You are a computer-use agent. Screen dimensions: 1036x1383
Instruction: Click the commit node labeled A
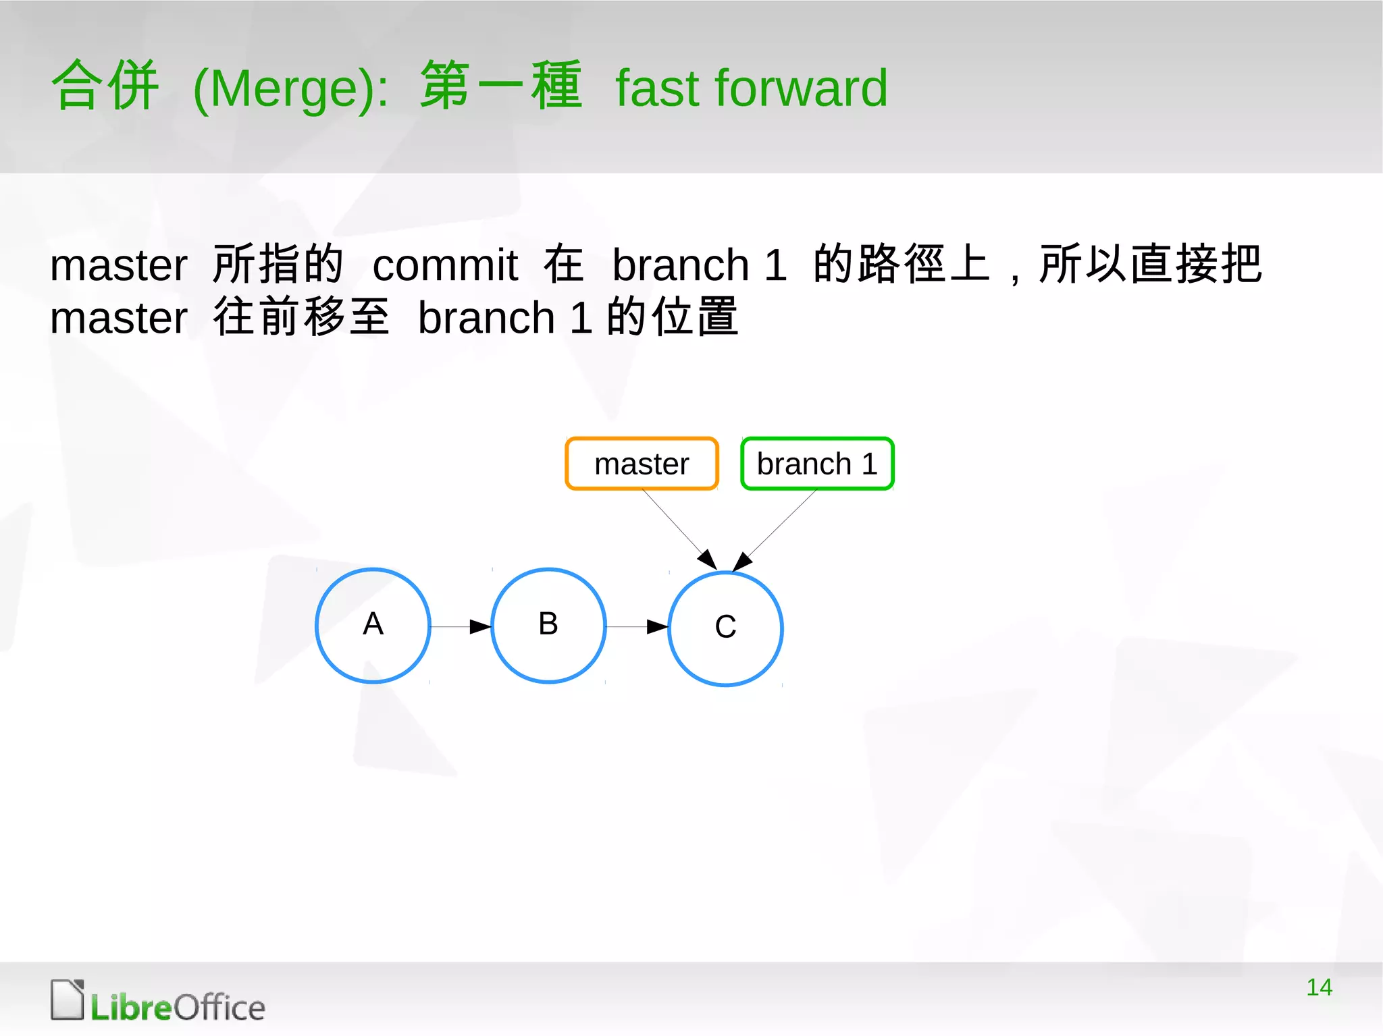pos(373,626)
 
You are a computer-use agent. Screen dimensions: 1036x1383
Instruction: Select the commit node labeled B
pos(548,626)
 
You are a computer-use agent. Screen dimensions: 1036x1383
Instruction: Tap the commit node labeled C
pos(725,628)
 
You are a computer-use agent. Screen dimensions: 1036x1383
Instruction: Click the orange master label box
pos(642,464)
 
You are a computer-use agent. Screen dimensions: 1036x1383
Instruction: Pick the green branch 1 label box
pos(817,464)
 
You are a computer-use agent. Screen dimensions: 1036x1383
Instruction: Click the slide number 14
pos(1319,987)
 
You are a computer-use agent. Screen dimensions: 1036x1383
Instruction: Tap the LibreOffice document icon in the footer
pos(68,1000)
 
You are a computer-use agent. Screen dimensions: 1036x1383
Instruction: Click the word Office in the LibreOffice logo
pos(219,1008)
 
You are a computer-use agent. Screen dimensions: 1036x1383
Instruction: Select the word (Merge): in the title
pos(291,88)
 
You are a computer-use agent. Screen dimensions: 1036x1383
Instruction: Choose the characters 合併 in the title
pos(105,85)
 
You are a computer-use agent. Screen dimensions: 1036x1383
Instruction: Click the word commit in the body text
pos(445,265)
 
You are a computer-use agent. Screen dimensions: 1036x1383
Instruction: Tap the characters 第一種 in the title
pos(500,85)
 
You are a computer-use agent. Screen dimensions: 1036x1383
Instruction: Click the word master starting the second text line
pos(119,318)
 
